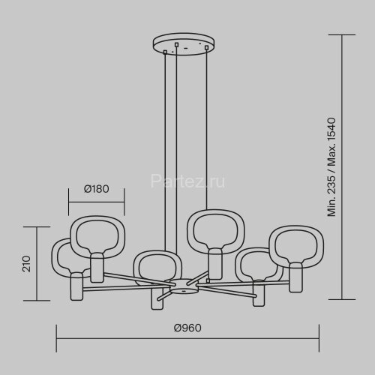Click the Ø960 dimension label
tap(187, 328)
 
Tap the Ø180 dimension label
tap(97, 189)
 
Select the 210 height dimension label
tap(26, 264)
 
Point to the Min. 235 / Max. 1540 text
tap(331, 167)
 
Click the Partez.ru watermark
tap(187, 181)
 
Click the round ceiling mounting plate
tap(184, 43)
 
